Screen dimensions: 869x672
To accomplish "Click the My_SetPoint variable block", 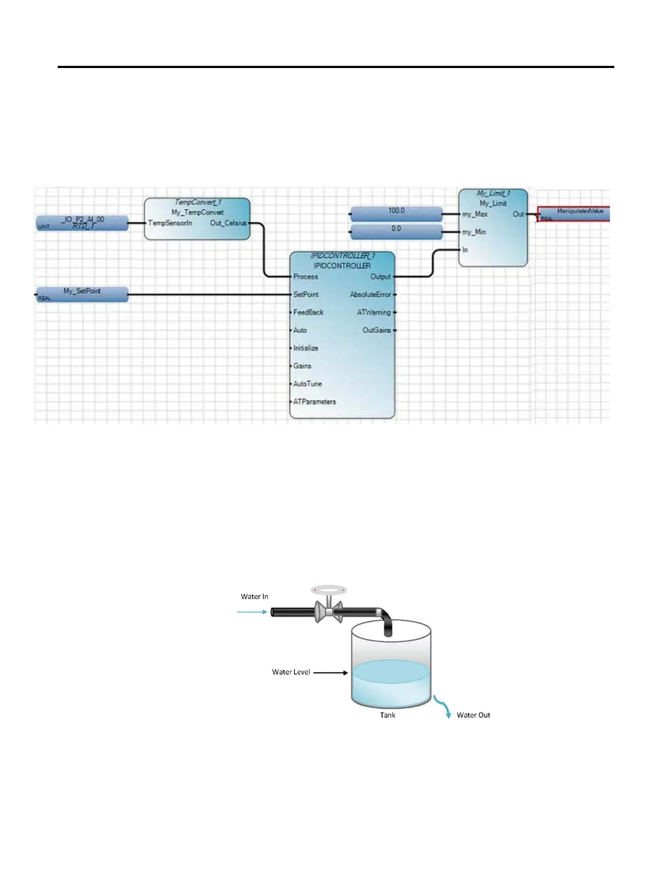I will tap(82, 294).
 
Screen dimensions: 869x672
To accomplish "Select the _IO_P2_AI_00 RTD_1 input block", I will tap(82, 223).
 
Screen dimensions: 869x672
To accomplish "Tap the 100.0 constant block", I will tap(396, 213).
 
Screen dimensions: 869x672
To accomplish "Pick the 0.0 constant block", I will tap(396, 232).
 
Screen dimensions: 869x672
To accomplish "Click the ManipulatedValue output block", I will tap(574, 214).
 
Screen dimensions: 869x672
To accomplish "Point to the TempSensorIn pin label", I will tap(170, 223).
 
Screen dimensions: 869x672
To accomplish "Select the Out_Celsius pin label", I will tap(228, 223).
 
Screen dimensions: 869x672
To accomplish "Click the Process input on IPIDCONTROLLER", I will tap(305, 276).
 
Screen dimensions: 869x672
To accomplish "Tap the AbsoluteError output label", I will tap(371, 295).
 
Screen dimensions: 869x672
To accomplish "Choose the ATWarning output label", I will tap(374, 313).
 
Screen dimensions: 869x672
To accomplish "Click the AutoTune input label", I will tap(307, 384).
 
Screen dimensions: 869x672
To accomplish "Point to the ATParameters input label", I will tap(315, 402).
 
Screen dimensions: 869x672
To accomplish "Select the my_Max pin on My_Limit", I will tap(475, 214).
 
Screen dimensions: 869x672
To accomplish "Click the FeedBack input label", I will tap(309, 313).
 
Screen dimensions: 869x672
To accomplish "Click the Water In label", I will tap(255, 597).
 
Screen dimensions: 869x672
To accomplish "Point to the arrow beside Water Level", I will tap(331, 673).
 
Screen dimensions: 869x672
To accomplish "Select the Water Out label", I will tap(473, 715).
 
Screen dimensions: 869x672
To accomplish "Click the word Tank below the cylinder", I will tap(388, 715).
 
